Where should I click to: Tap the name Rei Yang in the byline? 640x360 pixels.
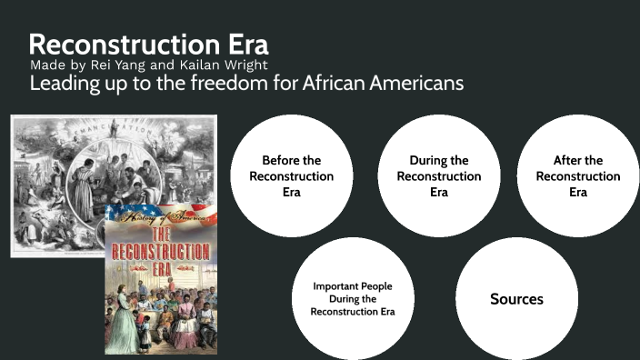click(x=125, y=65)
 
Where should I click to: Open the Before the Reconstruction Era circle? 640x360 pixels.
click(x=291, y=175)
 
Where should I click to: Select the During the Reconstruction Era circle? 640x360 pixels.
click(x=439, y=175)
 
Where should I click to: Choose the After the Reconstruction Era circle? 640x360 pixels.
click(x=577, y=175)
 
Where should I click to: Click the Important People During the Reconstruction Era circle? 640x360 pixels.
click(x=352, y=298)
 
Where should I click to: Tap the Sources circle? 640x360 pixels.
click(x=515, y=298)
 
